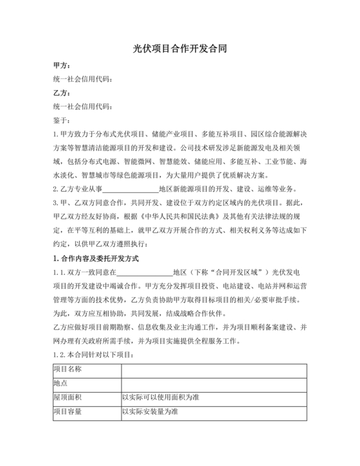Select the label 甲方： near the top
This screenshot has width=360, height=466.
click(62, 66)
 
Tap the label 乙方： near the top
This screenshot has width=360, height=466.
click(62, 93)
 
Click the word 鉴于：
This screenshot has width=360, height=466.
click(64, 120)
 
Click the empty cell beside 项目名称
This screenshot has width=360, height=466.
click(213, 369)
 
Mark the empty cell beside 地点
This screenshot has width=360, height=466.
click(213, 383)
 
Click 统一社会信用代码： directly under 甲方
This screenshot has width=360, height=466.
click(83, 79)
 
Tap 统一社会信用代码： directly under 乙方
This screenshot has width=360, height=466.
click(83, 106)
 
